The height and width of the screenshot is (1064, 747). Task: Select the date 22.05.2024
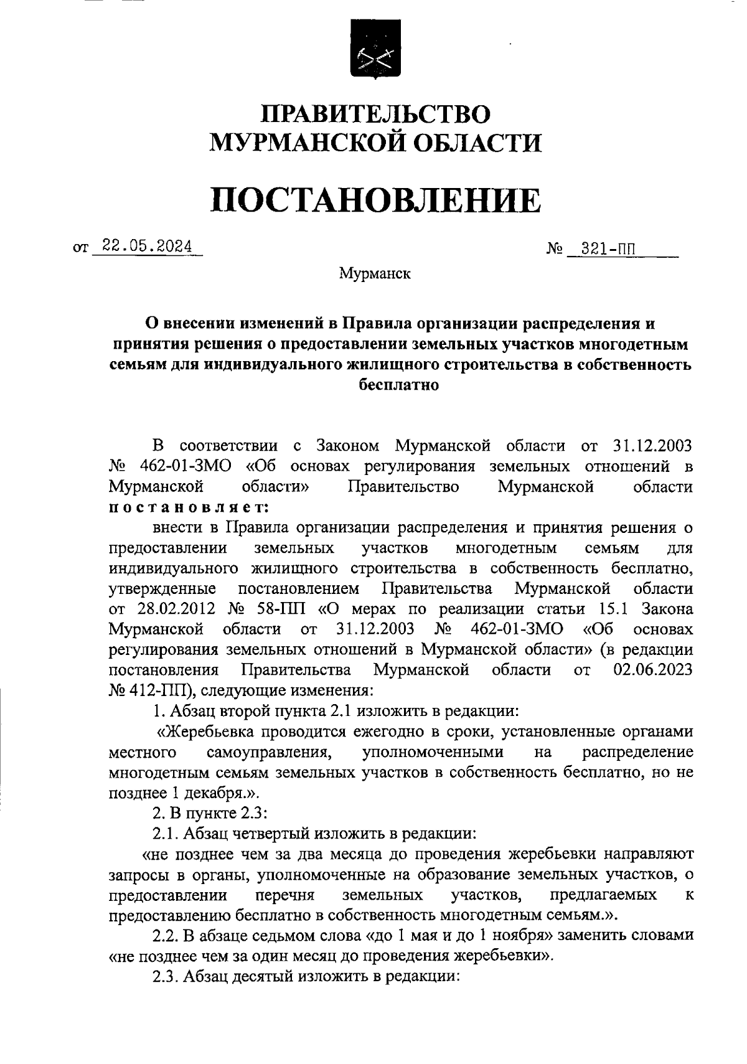[148, 247]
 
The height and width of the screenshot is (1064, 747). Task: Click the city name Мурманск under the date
[375, 273]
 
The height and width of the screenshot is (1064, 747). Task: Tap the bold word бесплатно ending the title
[400, 385]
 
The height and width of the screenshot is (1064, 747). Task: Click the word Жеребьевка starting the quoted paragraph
[211, 731]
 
